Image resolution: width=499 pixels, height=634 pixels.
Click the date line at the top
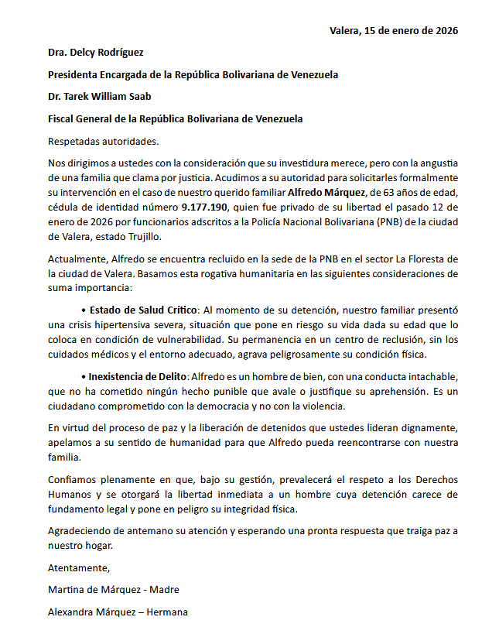393,31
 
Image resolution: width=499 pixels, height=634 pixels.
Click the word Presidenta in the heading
75,75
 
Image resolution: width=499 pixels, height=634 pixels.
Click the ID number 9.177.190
205,207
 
